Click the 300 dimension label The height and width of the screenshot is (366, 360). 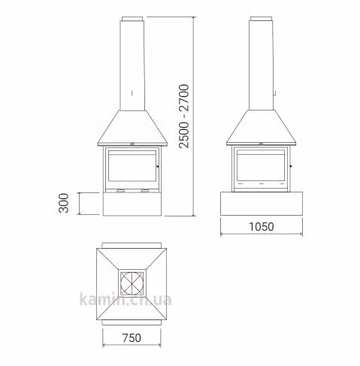tap(64, 203)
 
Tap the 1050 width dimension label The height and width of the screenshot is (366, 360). tap(262, 227)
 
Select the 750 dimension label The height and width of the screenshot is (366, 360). tap(132, 338)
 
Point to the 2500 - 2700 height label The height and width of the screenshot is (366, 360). tap(184, 116)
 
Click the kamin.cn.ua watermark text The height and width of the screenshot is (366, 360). tap(126, 299)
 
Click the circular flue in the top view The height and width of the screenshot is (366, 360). tap(132, 283)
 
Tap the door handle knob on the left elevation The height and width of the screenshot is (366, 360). tap(158, 166)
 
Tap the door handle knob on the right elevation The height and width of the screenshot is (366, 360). tap(291, 166)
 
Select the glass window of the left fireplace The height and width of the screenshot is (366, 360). tap(132, 165)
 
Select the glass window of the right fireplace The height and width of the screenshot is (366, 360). tap(261, 165)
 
